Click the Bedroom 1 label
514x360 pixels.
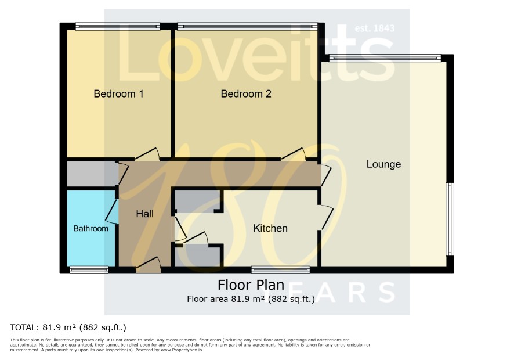[x=118, y=94]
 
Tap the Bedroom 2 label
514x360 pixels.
[x=246, y=94]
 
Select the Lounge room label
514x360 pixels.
[x=383, y=164]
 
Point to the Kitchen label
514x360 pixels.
[x=270, y=228]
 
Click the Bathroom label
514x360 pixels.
[x=91, y=228]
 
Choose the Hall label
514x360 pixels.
[x=144, y=214]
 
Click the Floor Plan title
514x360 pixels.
[x=251, y=285]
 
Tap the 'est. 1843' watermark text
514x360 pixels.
[x=375, y=28]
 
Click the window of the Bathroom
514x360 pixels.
[x=89, y=270]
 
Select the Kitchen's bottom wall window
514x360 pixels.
[x=281, y=270]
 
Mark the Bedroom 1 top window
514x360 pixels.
[x=118, y=26]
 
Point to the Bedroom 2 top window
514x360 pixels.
[x=248, y=26]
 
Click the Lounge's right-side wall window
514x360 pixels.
[x=450, y=219]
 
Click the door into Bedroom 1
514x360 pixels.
[x=147, y=154]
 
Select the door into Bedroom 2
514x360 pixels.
[x=294, y=154]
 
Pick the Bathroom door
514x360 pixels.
[x=112, y=211]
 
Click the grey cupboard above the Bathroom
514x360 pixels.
[x=93, y=174]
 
